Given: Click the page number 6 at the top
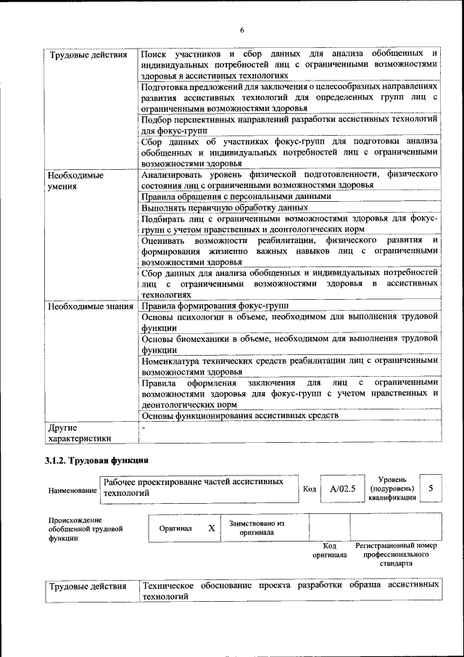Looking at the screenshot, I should pos(241,30).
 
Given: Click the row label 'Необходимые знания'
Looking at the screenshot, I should pos(90,306).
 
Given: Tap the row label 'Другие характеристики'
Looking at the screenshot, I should pos(79,433).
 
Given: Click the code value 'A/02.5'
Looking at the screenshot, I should pos(342,489).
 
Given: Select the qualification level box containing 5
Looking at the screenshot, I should pos(431,489).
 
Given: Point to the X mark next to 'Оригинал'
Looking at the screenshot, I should pos(212,529).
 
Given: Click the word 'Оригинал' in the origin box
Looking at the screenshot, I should pos(175,529).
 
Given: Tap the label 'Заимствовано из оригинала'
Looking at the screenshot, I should pos(257,527).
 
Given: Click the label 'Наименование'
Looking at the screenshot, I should pos(72,491).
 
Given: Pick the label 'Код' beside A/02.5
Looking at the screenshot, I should pos(309,489).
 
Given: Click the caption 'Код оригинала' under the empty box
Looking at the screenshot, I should pos(329,550).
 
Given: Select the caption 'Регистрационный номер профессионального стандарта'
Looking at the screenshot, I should pos(396,554).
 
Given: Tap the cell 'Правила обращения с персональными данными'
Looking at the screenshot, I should pos(236,196).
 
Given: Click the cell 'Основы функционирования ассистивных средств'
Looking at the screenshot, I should pos(240,415).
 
